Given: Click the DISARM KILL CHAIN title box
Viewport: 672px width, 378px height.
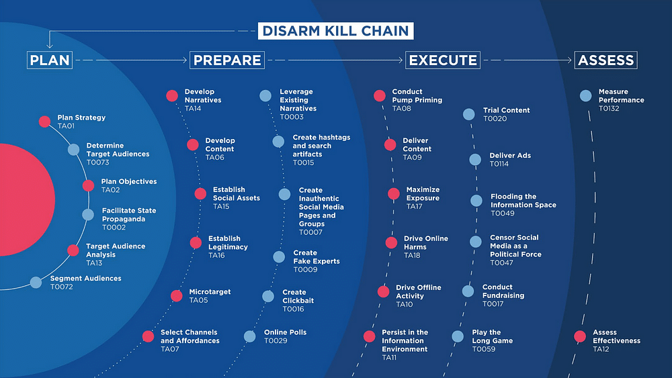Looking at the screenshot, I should tap(335, 31).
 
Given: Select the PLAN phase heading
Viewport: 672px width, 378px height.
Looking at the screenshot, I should tap(50, 60).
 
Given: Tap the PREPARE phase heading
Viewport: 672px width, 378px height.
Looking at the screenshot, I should tap(227, 60).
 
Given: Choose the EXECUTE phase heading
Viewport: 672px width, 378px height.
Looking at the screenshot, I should tap(443, 60).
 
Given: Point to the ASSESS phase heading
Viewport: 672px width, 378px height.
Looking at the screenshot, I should tap(607, 60).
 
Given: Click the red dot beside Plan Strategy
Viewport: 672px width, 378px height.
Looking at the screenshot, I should tap(44, 122).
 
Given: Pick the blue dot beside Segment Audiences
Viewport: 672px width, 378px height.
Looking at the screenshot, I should tap(36, 283).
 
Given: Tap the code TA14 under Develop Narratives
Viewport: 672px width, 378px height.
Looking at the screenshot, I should tap(193, 109).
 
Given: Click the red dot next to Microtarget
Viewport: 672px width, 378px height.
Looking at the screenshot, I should tap(177, 295).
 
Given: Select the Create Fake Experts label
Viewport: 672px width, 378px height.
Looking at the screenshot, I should tap(317, 257).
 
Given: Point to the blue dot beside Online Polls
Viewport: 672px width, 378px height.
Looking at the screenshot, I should tap(250, 336).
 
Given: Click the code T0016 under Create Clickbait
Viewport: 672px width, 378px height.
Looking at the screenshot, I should tap(293, 309).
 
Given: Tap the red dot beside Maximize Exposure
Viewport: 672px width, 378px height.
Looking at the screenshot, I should tap(394, 194).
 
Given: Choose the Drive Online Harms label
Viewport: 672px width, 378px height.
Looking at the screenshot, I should tap(425, 242).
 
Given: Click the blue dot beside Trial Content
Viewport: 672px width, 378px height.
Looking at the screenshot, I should tap(469, 115).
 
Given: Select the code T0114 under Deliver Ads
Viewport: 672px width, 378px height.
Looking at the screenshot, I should tap(499, 164).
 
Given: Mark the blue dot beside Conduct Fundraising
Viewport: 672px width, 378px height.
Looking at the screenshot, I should tap(468, 291).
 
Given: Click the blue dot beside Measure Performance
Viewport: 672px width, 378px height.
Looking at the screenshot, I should tap(585, 95).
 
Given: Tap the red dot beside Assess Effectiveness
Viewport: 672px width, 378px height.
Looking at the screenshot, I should tap(579, 336).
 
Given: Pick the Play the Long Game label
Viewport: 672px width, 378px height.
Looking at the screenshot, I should tap(492, 336).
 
